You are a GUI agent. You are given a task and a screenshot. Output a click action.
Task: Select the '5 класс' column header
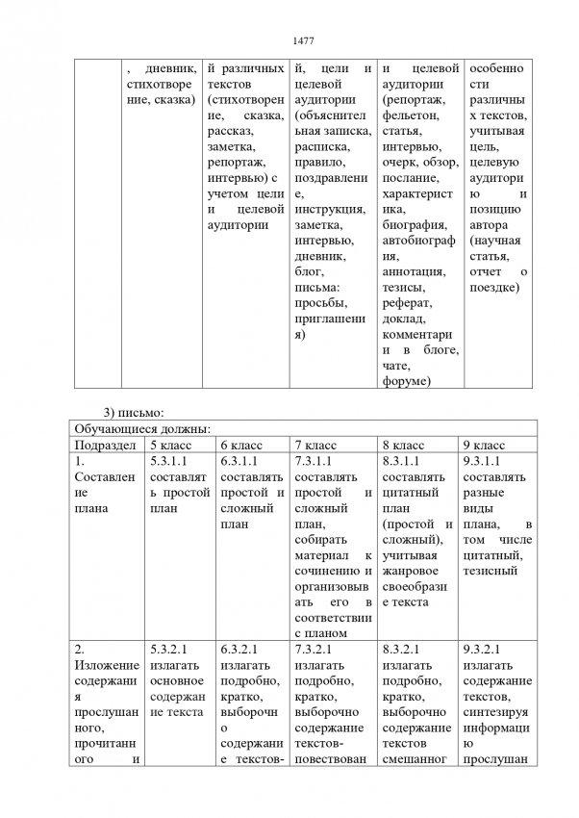169,446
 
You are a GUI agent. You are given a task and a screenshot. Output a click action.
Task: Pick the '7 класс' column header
314,446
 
